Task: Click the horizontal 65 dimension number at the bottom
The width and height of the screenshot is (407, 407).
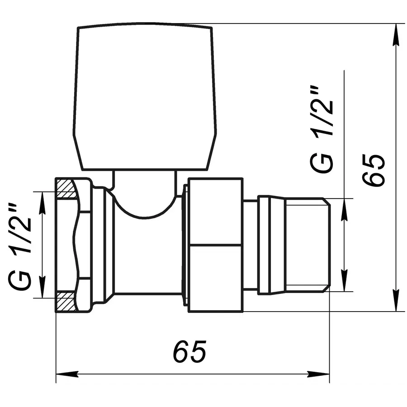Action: [190, 351]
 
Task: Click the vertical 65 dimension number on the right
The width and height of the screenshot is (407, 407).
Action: [375, 170]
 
